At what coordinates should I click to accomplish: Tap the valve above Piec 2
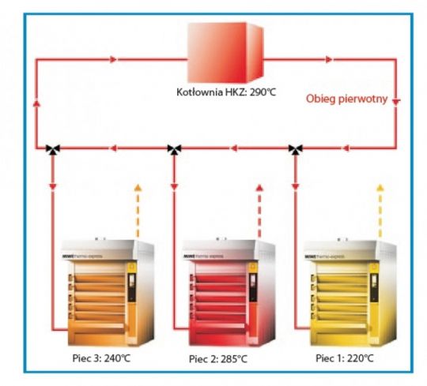174,149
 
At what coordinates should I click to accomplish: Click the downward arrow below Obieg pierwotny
397,101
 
